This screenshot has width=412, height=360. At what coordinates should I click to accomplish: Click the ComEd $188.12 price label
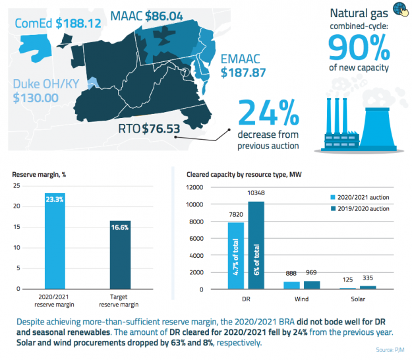[58, 24]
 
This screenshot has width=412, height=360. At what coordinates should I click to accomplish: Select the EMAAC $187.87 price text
[245, 65]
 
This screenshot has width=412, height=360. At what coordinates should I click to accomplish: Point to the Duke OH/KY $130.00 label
[45, 91]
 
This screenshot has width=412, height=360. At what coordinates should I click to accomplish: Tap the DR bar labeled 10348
[255, 245]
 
